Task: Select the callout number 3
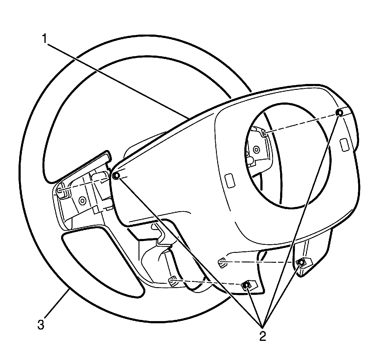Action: click(40, 325)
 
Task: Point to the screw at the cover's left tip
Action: click(116, 176)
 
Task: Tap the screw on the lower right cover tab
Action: click(301, 262)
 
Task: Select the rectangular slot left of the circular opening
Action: click(230, 180)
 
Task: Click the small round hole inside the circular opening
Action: click(256, 150)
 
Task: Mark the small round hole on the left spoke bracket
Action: click(82, 201)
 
